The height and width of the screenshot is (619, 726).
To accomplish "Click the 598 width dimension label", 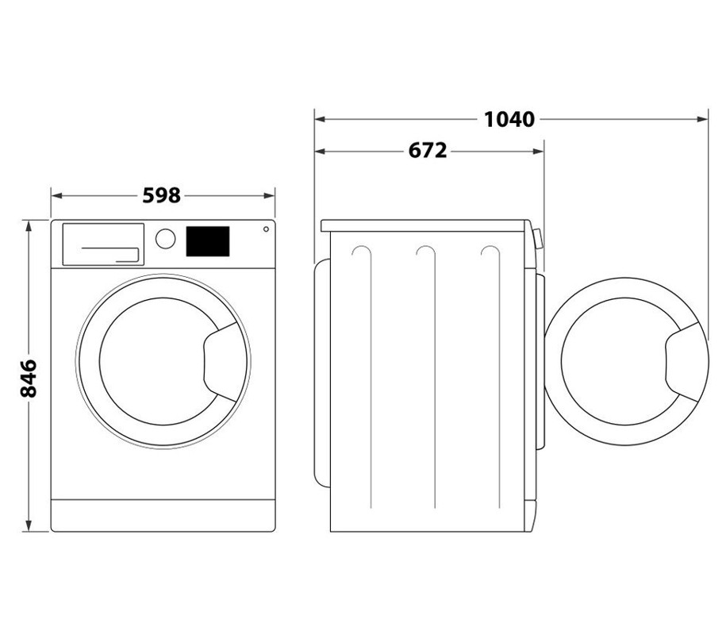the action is pos(161,195).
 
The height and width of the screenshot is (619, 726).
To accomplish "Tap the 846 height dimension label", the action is pos(29,378).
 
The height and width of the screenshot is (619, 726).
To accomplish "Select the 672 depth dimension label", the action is pos(428,151).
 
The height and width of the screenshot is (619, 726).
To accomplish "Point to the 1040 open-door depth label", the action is pos(509,119).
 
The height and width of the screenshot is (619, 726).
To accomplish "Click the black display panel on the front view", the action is pos(208,241).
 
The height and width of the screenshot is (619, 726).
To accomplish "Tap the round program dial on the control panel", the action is pos(165,239).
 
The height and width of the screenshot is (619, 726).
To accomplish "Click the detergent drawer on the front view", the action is pos(103,244).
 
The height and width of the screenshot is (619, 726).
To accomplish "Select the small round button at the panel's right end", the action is pos(266,229).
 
